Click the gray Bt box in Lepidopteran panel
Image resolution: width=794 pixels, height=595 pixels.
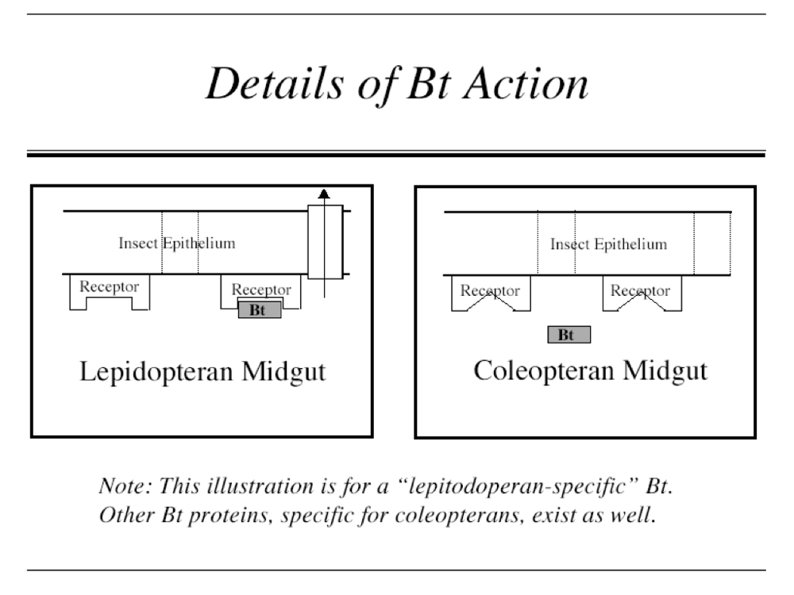click(259, 310)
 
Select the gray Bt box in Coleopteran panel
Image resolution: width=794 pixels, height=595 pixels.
click(569, 335)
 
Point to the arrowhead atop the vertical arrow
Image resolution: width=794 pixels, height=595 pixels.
click(323, 192)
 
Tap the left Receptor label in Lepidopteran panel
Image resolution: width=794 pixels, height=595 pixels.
click(110, 286)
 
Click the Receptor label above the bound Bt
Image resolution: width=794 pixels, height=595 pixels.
click(260, 290)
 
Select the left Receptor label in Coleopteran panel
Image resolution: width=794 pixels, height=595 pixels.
click(490, 290)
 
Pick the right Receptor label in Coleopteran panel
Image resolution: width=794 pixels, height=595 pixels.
click(640, 290)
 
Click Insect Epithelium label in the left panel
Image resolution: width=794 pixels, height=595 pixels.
click(176, 243)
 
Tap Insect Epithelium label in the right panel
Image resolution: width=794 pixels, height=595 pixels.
click(608, 244)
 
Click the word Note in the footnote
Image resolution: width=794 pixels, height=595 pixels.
click(117, 484)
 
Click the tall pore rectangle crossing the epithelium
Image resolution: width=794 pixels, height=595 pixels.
click(326, 242)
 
